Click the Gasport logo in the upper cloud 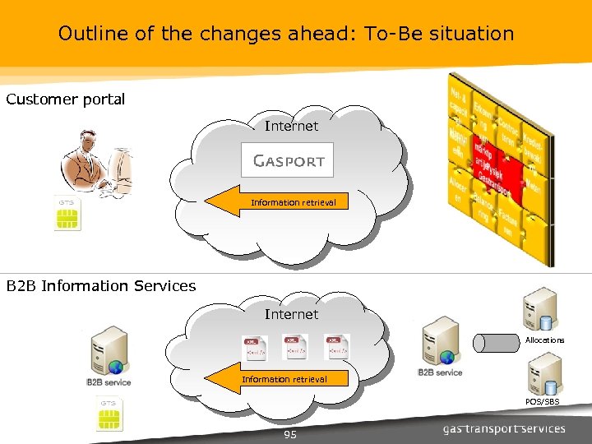click(288, 160)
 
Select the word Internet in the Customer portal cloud click(291, 126)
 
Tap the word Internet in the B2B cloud click(291, 314)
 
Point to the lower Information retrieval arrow click(275, 379)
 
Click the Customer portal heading click(66, 99)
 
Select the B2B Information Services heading click(101, 286)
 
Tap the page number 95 click(289, 434)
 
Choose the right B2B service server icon click(440, 342)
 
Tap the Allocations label click(544, 340)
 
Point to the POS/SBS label click(543, 401)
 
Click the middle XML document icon click(295, 347)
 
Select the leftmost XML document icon click(254, 347)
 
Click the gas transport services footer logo click(503, 428)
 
